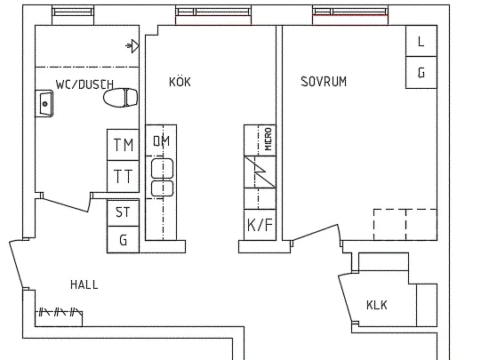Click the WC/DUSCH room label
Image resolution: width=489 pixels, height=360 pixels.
pos(84,84)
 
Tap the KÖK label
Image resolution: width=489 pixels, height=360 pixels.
pos(180,82)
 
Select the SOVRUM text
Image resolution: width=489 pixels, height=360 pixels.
pos(324,82)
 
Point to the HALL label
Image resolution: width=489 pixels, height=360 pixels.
pos(84,284)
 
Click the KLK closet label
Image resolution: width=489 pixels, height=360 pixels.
pos(377,305)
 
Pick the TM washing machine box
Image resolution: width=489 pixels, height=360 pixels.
pos(124,145)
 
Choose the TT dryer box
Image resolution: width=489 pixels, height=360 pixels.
pos(124,176)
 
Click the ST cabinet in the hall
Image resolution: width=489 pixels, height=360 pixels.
pos(124,212)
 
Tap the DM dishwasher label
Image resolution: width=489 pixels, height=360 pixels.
pos(161,140)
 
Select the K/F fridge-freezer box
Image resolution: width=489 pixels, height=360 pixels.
pos(260,225)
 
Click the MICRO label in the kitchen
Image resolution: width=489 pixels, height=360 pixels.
pos(268,139)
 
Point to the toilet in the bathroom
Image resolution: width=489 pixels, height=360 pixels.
pos(121,98)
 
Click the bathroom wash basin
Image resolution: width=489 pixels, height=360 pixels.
pos(44,103)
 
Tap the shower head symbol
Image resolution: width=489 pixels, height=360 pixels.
pos(132,46)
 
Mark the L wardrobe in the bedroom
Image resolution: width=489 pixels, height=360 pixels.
pos(421,41)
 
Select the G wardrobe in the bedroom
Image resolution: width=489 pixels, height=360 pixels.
pos(421,72)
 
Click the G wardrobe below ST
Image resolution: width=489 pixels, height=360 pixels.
pos(124,239)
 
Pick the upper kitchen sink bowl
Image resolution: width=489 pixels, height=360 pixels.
pos(162,168)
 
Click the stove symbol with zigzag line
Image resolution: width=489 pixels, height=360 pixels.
pos(260,172)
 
